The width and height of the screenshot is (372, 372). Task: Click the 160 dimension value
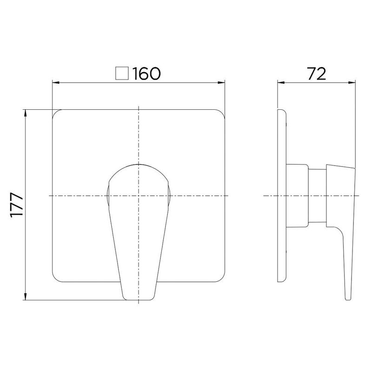point(146,73)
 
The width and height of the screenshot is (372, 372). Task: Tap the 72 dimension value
point(317,73)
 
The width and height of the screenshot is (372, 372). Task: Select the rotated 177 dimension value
point(17,205)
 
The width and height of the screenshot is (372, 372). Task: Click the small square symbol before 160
point(122,73)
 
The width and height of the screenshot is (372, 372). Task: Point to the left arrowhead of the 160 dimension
point(55,83)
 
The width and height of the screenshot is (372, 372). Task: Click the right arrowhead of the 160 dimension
point(222,83)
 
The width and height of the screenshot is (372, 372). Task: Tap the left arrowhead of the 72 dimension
point(281,83)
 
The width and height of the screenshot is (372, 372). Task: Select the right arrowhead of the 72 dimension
point(352,83)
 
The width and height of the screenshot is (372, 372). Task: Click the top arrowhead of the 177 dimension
point(26,113)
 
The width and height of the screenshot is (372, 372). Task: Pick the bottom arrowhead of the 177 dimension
point(26,297)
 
